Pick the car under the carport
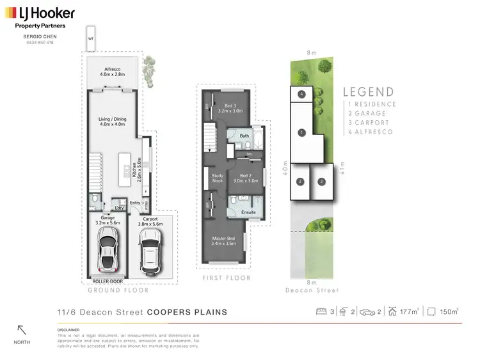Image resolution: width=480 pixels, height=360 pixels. pos(150,249)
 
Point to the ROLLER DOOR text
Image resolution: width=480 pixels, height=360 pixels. pos(108,281)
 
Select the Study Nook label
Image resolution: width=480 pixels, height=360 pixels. pos(217,178)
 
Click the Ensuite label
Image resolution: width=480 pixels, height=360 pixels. pos(248,212)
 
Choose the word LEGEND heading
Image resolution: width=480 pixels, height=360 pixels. pos(369,92)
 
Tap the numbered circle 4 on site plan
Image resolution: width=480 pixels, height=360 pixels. pos(301,95)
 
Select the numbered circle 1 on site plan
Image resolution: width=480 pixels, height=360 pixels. pos(301,133)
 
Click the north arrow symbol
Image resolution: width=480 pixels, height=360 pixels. pos(22,331)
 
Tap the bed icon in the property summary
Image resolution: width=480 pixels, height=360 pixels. pos(322,311)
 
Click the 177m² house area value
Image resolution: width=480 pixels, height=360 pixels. pos(408,312)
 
